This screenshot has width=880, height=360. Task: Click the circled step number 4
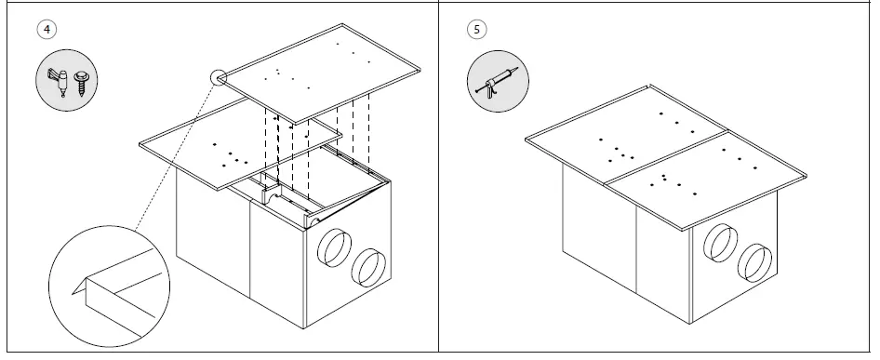(47, 28)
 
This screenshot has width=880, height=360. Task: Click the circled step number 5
(477, 28)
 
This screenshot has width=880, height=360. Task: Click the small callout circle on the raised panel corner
(220, 78)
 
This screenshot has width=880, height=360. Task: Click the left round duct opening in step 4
(332, 249)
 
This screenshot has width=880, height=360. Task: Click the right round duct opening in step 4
(369, 267)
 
